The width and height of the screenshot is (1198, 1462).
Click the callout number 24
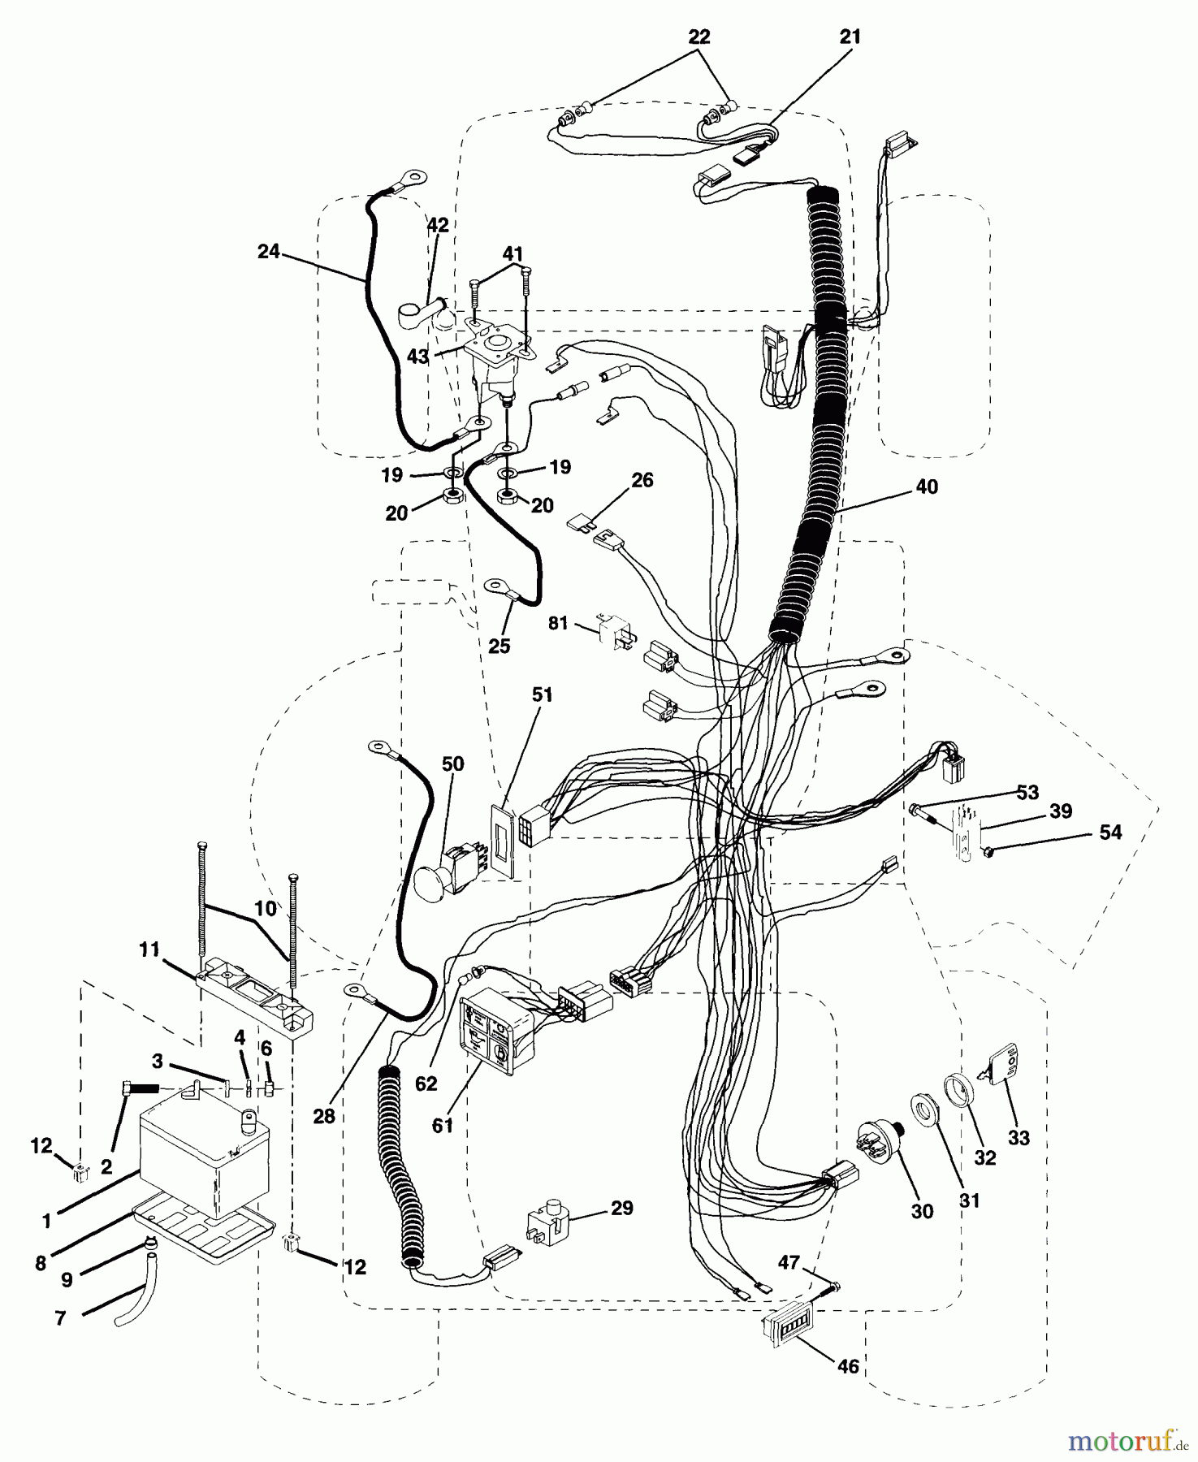tap(268, 253)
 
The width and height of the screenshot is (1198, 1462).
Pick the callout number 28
tap(323, 1117)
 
